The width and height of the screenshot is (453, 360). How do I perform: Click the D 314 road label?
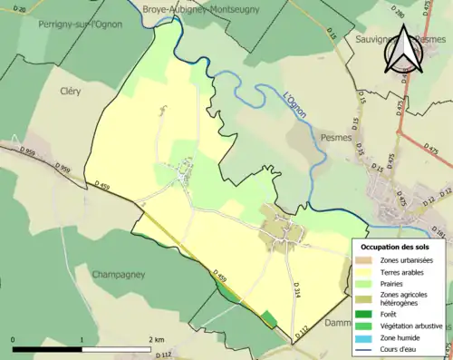pos(296,289)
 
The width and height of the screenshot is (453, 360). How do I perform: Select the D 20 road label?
pos(20,8)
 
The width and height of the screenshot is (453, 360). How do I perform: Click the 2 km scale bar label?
pos(156,340)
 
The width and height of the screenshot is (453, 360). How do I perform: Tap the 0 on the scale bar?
pos(14,340)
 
